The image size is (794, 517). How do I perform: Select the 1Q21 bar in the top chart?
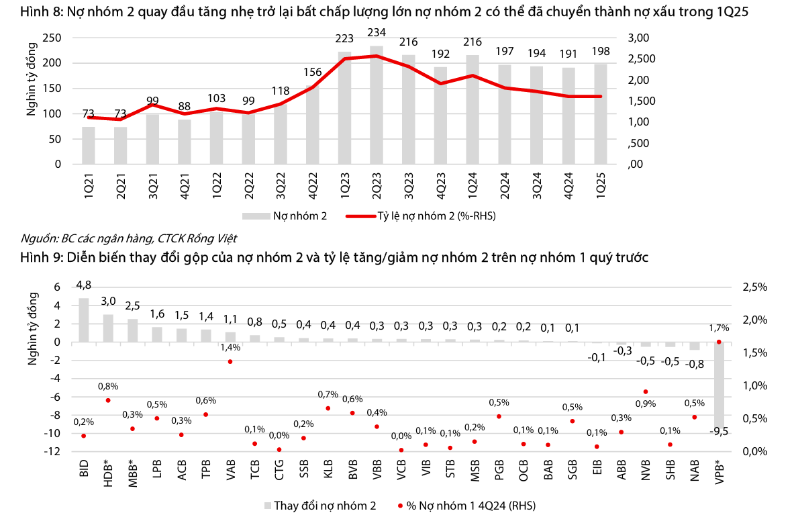click(89, 146)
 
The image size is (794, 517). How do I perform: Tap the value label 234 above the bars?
click(377, 33)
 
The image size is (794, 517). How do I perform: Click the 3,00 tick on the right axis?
click(641, 38)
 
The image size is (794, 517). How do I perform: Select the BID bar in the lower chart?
click(84, 320)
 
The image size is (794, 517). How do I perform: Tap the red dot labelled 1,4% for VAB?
click(230, 361)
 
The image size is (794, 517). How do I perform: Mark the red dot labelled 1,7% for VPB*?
click(719, 342)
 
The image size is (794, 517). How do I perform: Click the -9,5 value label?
click(719, 432)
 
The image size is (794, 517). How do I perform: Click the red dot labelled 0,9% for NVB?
click(645, 391)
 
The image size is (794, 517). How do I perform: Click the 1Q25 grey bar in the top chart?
click(601, 114)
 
